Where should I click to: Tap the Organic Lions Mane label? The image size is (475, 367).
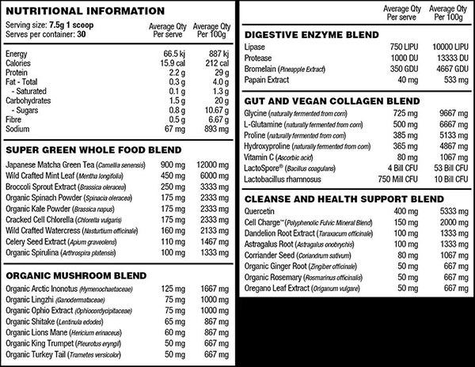point(37,334)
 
